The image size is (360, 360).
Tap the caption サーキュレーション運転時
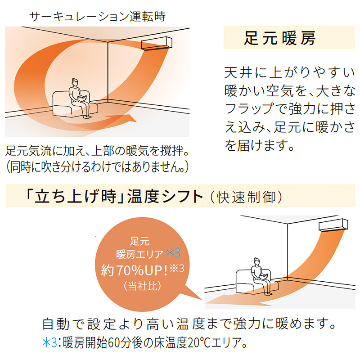point(97,17)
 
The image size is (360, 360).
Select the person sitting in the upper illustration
point(77,96)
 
